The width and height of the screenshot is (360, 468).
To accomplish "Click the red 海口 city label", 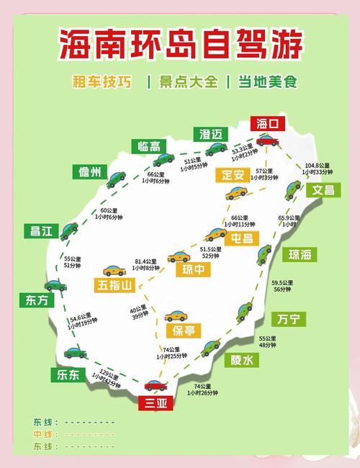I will (267, 124).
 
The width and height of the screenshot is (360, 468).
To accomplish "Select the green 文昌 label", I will (323, 190).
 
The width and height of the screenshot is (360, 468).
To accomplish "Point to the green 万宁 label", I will (288, 318).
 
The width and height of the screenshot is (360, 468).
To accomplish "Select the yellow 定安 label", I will (233, 174).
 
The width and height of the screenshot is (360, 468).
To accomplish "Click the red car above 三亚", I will (156, 385).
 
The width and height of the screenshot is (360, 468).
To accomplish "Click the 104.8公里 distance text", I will (318, 165).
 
